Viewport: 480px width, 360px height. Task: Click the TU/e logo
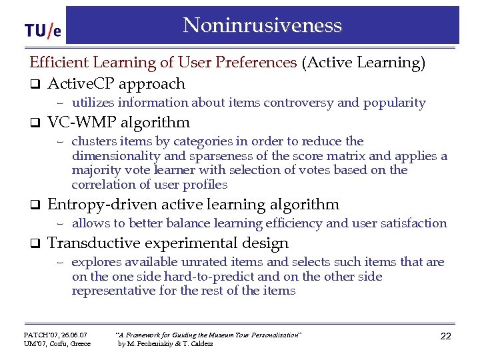(43, 30)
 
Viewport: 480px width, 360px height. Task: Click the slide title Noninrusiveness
(262, 25)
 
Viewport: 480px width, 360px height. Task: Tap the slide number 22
(445, 336)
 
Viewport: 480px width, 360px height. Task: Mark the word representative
(115, 291)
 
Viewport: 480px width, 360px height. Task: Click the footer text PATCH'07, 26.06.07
(55, 333)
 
